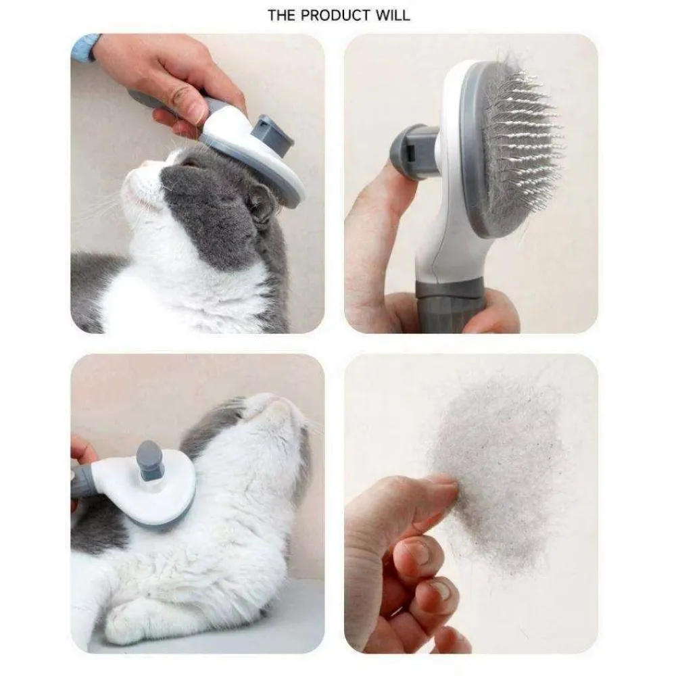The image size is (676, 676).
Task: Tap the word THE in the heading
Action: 281,15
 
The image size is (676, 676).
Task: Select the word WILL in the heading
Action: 392,15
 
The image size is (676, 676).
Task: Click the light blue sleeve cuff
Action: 84,47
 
